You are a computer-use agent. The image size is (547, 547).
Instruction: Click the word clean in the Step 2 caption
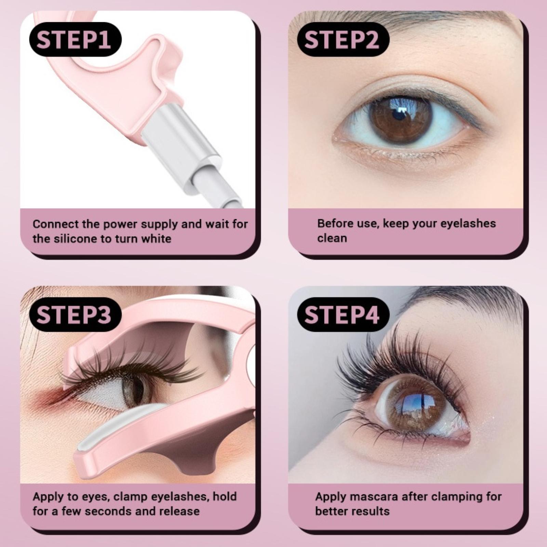pos(332,238)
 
